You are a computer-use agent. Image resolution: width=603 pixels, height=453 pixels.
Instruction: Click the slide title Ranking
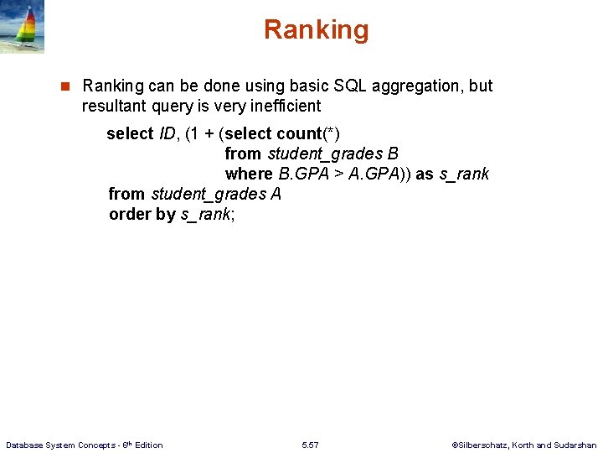pyautogui.click(x=316, y=30)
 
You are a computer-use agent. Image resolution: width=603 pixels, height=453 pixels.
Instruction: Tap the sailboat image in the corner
pyautogui.click(x=22, y=27)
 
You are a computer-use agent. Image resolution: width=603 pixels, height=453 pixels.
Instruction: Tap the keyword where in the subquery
pyautogui.click(x=249, y=174)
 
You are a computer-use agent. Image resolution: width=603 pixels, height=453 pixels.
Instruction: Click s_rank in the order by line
pyautogui.click(x=206, y=214)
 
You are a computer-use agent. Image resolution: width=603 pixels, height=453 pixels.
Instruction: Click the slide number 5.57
pyautogui.click(x=310, y=445)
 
